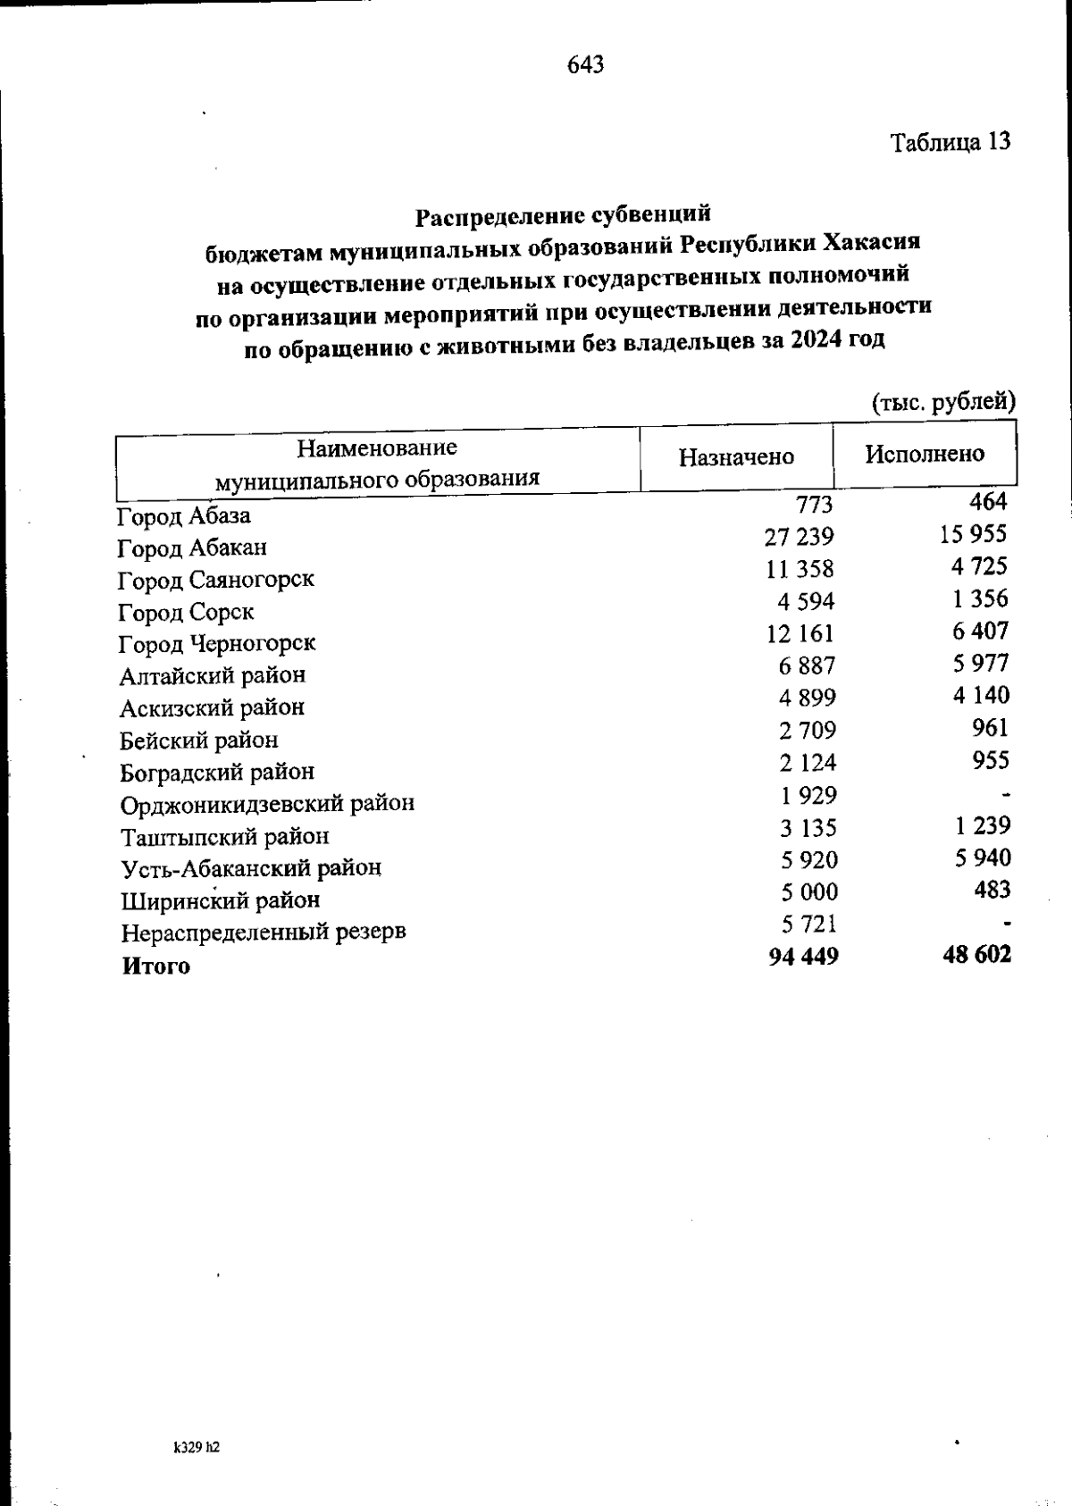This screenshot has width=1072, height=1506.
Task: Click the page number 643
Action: (585, 64)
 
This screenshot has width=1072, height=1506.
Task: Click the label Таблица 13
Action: (951, 142)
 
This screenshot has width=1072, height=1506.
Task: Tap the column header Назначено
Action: (736, 457)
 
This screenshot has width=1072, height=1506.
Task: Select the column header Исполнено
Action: (924, 454)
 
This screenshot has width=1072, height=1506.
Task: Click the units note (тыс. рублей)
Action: (943, 402)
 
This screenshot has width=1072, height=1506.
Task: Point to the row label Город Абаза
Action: (184, 516)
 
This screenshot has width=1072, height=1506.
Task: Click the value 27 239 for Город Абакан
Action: (800, 537)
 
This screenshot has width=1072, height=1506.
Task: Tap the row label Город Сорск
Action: (186, 613)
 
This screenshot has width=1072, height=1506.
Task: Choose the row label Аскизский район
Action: (212, 708)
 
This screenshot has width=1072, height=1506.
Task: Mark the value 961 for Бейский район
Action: (990, 727)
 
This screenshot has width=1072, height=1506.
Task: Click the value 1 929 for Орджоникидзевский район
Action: (807, 795)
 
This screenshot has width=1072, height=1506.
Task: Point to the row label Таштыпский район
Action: (224, 837)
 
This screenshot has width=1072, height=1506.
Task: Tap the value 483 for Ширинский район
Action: (992, 890)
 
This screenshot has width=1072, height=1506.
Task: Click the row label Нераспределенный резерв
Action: (264, 933)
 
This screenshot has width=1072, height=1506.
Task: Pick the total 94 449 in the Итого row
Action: (803, 957)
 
